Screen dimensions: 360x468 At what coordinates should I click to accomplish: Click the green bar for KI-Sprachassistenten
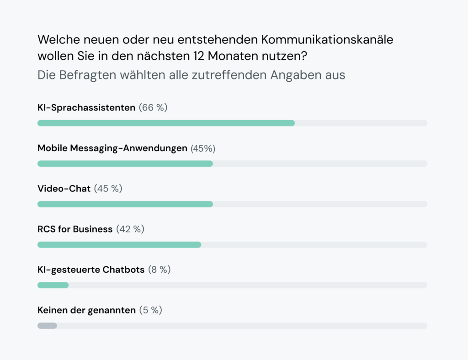pos(166,123)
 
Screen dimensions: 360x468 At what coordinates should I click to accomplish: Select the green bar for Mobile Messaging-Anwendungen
pos(125,164)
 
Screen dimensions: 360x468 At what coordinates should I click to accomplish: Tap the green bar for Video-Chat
pos(125,204)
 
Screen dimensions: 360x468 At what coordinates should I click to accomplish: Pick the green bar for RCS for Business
pos(119,245)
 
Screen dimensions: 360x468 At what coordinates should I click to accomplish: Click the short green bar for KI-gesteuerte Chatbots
pos(53,285)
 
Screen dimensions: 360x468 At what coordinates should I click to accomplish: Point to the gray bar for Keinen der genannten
pos(47,326)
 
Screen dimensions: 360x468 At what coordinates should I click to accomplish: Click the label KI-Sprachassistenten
pos(86,108)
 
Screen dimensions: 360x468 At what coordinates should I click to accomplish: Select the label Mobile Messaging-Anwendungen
pos(112,148)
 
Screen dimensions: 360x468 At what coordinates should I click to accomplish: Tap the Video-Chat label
pos(64,188)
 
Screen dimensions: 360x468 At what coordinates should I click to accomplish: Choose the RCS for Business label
pos(75,229)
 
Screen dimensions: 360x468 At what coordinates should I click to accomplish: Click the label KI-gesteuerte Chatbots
pos(91,270)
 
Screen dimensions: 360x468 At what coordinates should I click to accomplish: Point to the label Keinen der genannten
pos(86,310)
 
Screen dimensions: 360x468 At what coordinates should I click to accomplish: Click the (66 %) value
pos(153,108)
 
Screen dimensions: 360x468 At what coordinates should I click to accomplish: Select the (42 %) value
pos(130,229)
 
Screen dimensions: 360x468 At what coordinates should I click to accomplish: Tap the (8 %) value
pos(159,270)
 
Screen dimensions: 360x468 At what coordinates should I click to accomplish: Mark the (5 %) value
pos(150,310)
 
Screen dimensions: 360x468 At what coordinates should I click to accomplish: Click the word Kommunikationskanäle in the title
pos(327,40)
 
